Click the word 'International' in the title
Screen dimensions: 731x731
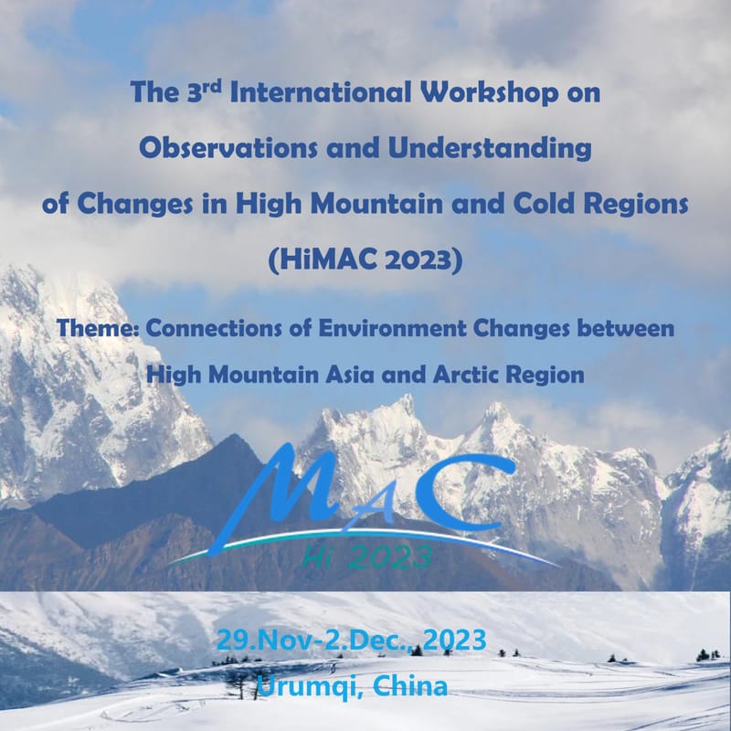point(296,94)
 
